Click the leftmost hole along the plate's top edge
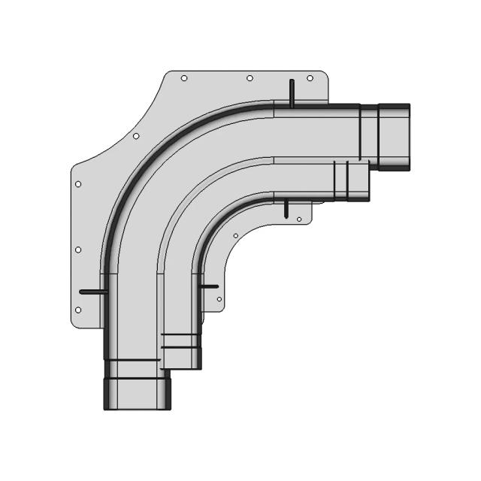pyautogui.click(x=184, y=78)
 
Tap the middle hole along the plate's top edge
pyautogui.click(x=250, y=78)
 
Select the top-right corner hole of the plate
pyautogui.click(x=310, y=78)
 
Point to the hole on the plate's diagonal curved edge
pyautogui.click(x=136, y=136)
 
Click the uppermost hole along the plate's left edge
pyautogui.click(x=78, y=183)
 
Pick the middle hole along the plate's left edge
pyautogui.click(x=78, y=250)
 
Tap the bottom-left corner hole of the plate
pyautogui.click(x=78, y=310)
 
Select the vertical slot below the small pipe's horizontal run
pyautogui.click(x=286, y=207)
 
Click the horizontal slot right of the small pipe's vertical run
pyautogui.click(x=208, y=286)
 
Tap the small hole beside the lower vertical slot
pyautogui.click(x=299, y=219)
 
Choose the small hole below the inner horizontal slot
pyautogui.click(x=219, y=299)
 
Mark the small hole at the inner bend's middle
pyautogui.click(x=236, y=236)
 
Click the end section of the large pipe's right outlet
pyautogui.click(x=393, y=137)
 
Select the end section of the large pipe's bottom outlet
pyautogui.click(x=137, y=393)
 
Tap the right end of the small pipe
pyautogui.click(x=358, y=181)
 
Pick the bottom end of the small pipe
pyautogui.click(x=181, y=359)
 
